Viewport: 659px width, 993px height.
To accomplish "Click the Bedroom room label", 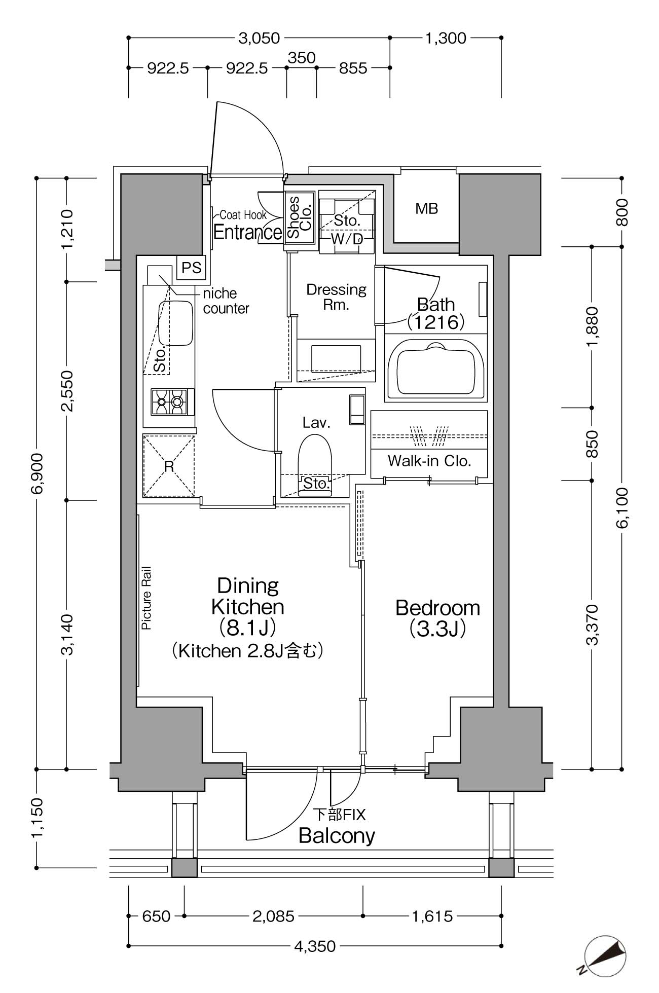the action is pyautogui.click(x=437, y=608).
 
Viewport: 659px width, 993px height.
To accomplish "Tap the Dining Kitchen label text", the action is pyautogui.click(x=248, y=596).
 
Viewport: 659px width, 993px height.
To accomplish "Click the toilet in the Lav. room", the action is pyautogui.click(x=314, y=464).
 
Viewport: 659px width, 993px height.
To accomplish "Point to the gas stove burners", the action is pyautogui.click(x=169, y=401).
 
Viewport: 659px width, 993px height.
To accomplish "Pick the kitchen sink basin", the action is pyautogui.click(x=176, y=323).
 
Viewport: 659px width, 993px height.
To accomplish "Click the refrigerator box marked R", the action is pyautogui.click(x=169, y=465).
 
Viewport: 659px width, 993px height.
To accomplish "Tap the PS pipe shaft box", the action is pyautogui.click(x=192, y=268).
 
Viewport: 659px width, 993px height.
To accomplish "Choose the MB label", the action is pyautogui.click(x=426, y=208).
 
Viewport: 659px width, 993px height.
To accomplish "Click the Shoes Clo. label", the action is pyautogui.click(x=300, y=217).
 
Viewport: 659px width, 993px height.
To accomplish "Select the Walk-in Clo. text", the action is pyautogui.click(x=429, y=461).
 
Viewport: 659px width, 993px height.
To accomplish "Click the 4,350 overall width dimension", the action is pyautogui.click(x=315, y=946).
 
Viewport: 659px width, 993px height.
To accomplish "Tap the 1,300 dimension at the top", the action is pyautogui.click(x=446, y=38).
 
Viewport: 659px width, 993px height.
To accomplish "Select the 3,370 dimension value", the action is pyautogui.click(x=592, y=624).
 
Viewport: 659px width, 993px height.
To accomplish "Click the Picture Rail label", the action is pyautogui.click(x=147, y=598).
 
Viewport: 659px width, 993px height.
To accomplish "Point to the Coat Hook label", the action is pyautogui.click(x=243, y=215).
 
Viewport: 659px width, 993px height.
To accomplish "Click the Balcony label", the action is pyautogui.click(x=337, y=835).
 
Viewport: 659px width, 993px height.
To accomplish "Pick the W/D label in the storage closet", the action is pyautogui.click(x=347, y=239).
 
